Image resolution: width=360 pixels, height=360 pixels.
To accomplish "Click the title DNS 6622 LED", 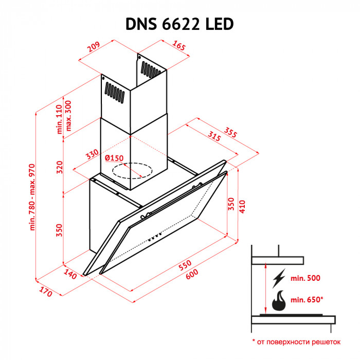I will pyautogui.click(x=179, y=24).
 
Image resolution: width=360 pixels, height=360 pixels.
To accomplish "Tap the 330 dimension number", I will pyautogui.click(x=92, y=156).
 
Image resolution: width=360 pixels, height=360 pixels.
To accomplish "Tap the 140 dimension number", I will pyautogui.click(x=70, y=274).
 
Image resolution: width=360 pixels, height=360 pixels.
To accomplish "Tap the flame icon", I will pyautogui.click(x=279, y=301).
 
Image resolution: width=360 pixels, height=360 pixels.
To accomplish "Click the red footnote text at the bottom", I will pyautogui.click(x=296, y=341).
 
